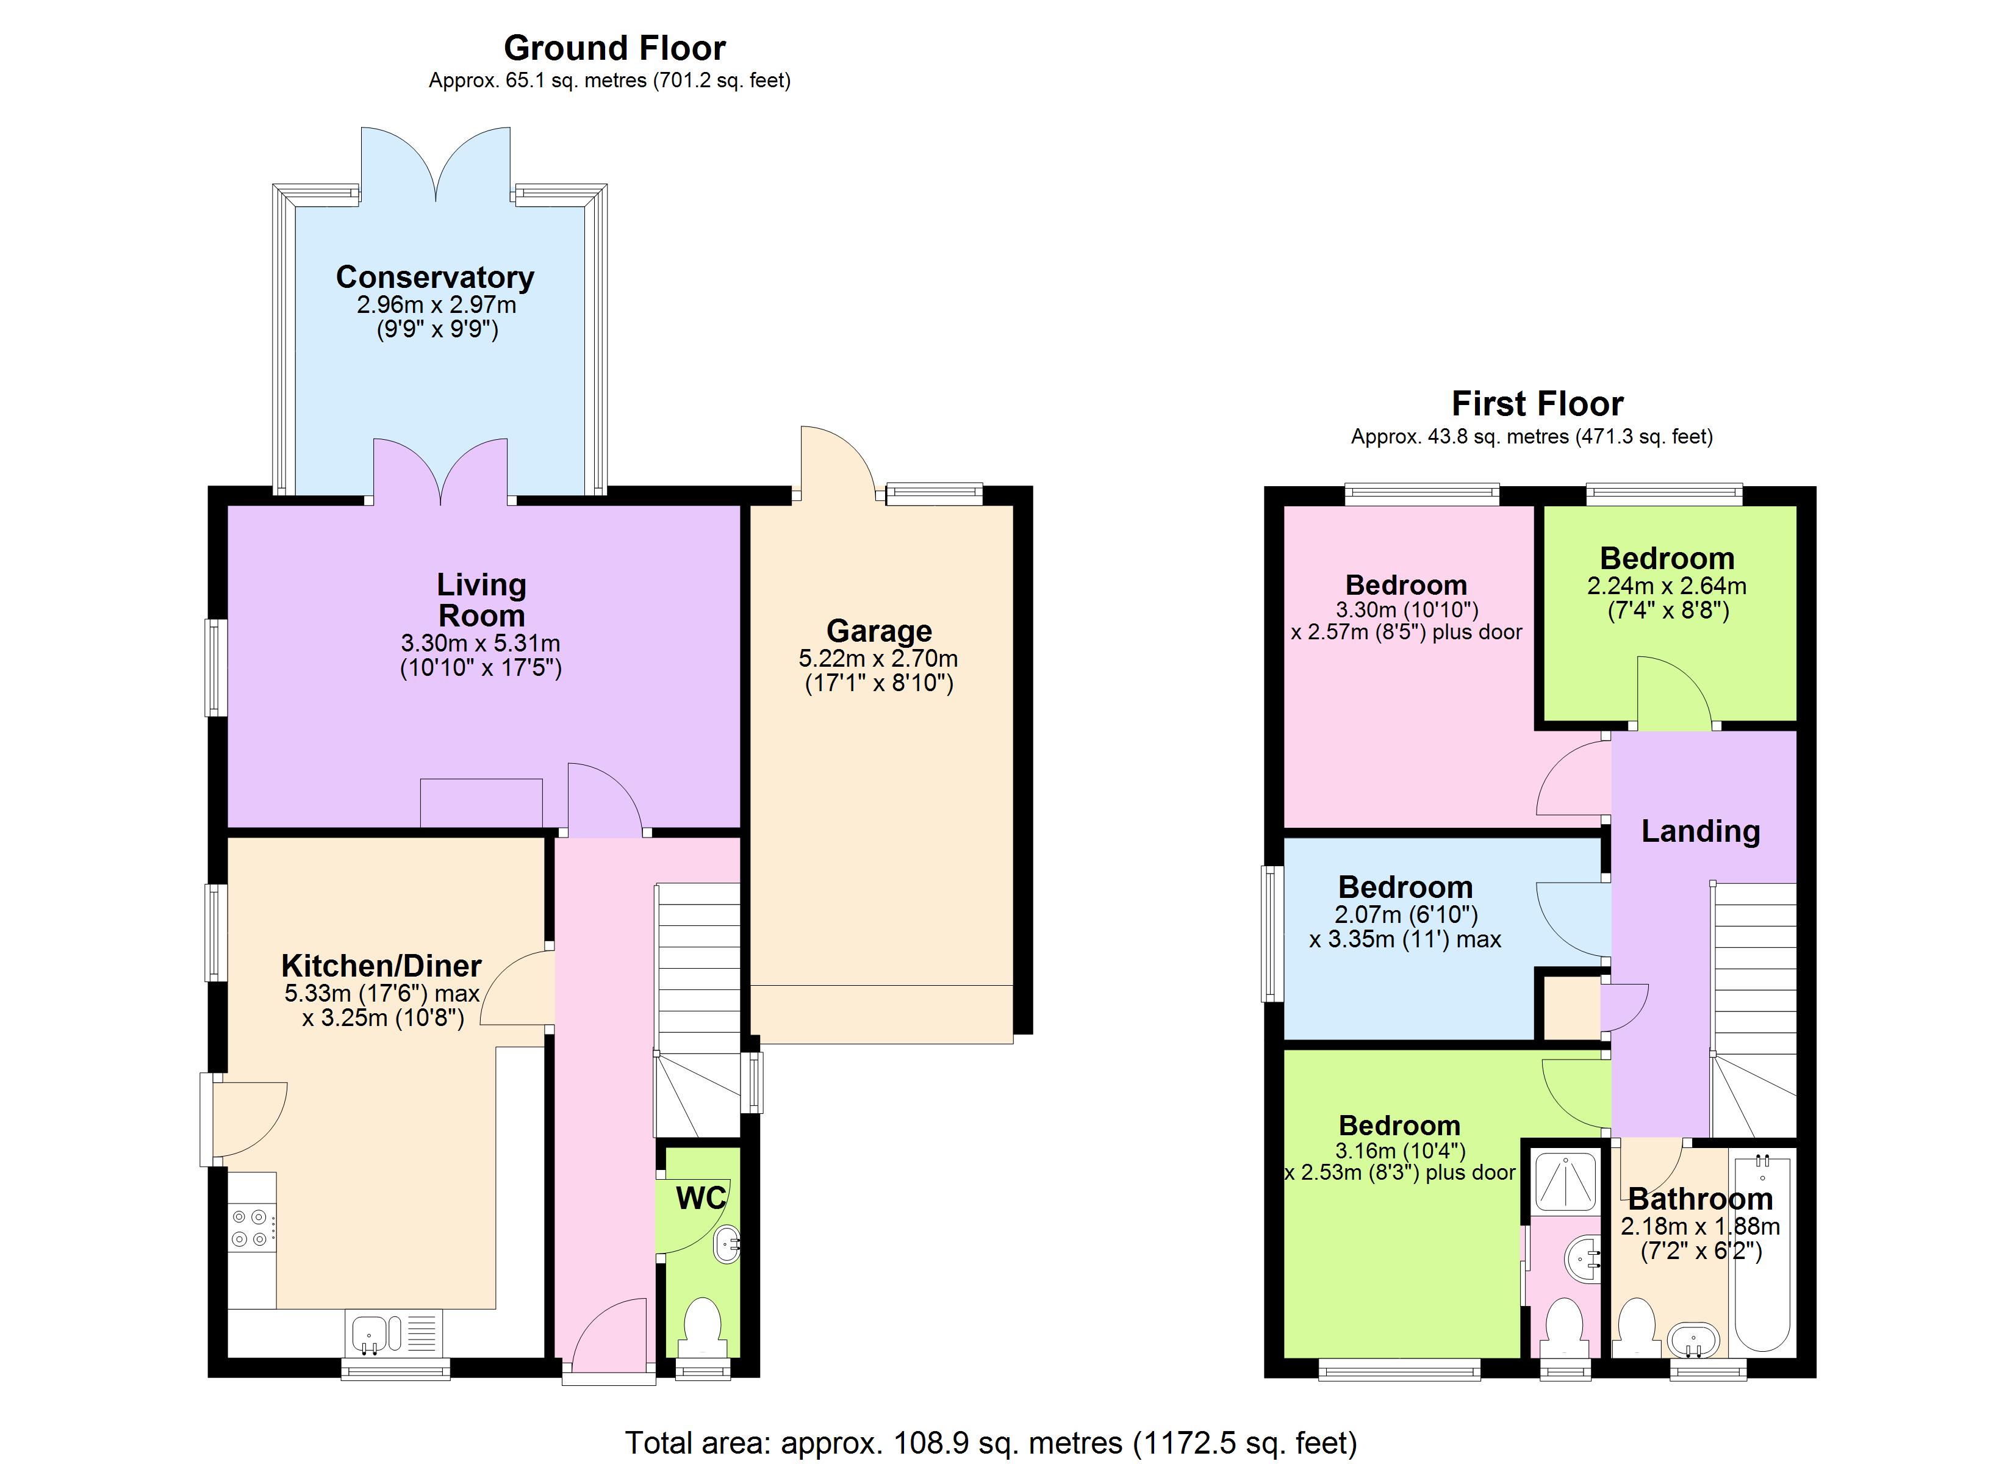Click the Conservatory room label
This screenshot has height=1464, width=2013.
pos(435,277)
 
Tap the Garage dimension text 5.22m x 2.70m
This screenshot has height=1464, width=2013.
pos(878,659)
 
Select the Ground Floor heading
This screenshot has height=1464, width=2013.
pos(614,48)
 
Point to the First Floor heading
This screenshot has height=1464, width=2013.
pos(1537,404)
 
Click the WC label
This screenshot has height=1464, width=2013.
pos(700,1197)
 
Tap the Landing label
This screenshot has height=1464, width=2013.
pos(1699,831)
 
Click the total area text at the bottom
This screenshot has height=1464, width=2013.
pos(991,1443)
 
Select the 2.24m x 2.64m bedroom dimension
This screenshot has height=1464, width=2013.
pos(1666,586)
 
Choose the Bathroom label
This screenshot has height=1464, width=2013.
pos(1699,1199)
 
